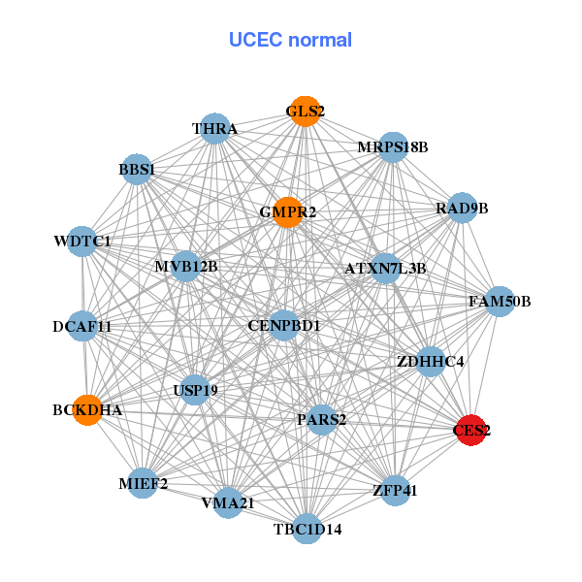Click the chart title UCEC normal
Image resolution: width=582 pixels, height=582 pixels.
click(x=290, y=40)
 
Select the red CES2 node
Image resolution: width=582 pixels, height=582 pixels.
click(x=470, y=430)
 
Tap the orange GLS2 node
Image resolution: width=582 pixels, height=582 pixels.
click(x=305, y=111)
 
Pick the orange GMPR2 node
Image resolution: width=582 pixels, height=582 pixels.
click(x=288, y=211)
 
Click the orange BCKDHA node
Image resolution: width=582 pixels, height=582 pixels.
click(x=88, y=410)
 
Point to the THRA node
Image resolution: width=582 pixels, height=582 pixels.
click(x=214, y=128)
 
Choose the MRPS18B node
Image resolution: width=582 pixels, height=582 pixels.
click(x=392, y=147)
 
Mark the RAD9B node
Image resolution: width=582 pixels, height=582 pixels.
click(x=462, y=209)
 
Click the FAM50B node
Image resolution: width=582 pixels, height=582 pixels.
click(x=500, y=302)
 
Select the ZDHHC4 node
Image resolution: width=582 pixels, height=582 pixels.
click(x=431, y=362)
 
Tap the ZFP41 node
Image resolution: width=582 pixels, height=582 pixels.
click(x=394, y=491)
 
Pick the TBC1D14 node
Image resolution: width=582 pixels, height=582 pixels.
click(x=307, y=529)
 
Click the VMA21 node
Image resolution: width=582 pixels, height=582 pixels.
click(x=228, y=503)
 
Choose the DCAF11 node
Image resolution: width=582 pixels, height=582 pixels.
click(x=83, y=327)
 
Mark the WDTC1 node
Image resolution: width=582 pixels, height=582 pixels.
click(x=83, y=241)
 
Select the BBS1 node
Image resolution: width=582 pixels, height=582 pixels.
click(x=137, y=171)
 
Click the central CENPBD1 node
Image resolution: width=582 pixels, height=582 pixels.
click(x=284, y=325)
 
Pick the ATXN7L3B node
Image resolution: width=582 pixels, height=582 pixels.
click(x=385, y=268)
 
